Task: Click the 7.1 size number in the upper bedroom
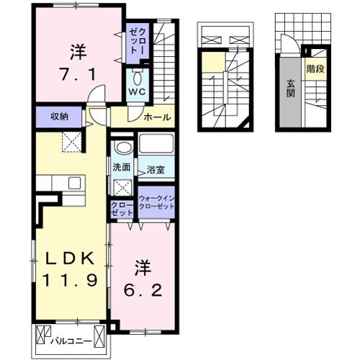click(x=78, y=74)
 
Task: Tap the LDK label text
click(x=70, y=258)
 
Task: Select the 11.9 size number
click(x=70, y=280)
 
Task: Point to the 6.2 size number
click(x=143, y=290)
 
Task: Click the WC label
click(x=137, y=91)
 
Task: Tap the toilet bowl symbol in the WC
click(x=138, y=78)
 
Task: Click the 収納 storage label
click(x=59, y=117)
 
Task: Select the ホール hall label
click(x=158, y=117)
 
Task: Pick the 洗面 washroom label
click(x=122, y=167)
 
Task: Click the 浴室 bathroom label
click(x=156, y=170)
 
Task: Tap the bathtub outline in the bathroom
click(x=156, y=143)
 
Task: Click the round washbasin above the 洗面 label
click(x=124, y=148)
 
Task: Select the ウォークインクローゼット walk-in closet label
click(x=157, y=202)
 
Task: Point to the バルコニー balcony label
click(x=71, y=341)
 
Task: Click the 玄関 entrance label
click(x=291, y=89)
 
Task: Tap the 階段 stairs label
click(x=315, y=69)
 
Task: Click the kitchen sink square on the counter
click(x=74, y=183)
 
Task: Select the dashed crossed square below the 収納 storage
click(x=72, y=142)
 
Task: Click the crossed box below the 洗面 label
click(x=122, y=188)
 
